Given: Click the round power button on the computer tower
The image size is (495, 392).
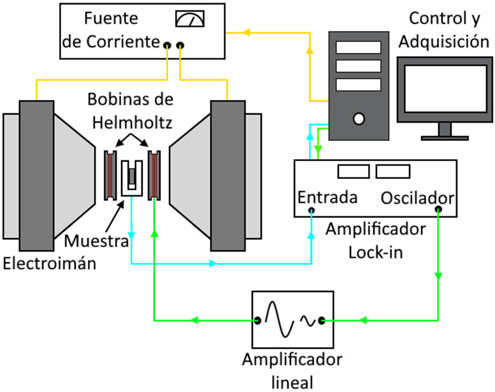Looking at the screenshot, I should tap(358, 117).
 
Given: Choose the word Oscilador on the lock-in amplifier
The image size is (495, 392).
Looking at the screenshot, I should tap(417, 197).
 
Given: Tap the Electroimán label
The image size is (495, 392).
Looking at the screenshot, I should tap(48, 262).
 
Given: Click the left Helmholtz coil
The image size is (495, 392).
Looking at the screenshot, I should tap(111, 174).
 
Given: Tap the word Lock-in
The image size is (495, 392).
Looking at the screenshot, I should tap(373, 250).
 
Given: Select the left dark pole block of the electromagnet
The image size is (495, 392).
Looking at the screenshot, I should tap(36, 175).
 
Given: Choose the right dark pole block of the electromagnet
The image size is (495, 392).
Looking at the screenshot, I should tap(228, 175).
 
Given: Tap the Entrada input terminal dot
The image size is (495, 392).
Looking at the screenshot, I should tap(311, 210).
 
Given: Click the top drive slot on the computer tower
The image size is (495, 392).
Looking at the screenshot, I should tap(358, 48).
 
